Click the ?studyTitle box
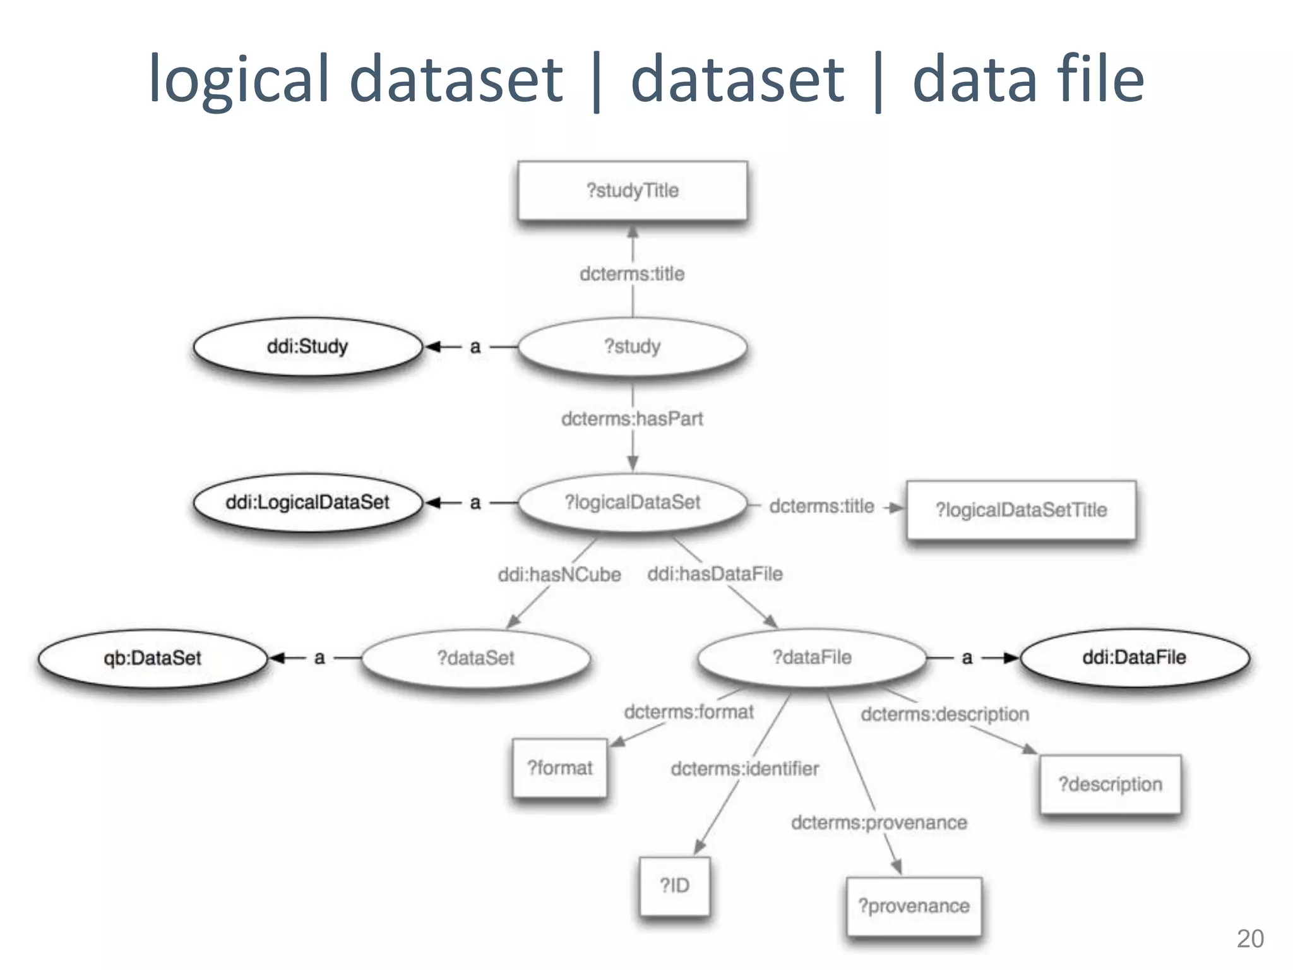(x=632, y=191)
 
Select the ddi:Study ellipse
(x=307, y=346)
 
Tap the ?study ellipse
(x=632, y=346)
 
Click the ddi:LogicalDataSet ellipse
(x=307, y=502)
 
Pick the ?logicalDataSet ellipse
(x=632, y=502)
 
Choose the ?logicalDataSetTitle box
(x=1021, y=510)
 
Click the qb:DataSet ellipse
(x=152, y=658)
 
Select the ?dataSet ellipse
(x=476, y=658)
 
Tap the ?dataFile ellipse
(x=812, y=657)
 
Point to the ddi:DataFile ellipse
(x=1135, y=657)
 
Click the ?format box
(x=560, y=768)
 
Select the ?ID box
(x=674, y=885)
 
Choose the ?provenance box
(x=914, y=906)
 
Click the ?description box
(x=1110, y=784)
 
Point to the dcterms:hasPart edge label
(x=632, y=419)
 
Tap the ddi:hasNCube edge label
(x=559, y=575)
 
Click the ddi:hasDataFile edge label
(x=715, y=574)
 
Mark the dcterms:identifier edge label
(x=745, y=769)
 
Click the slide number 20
(x=1250, y=939)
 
